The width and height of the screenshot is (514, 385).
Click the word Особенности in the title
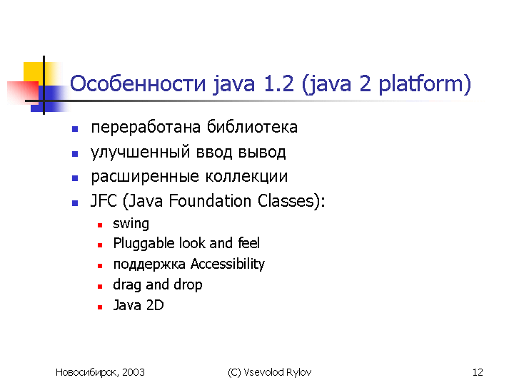pos(138,83)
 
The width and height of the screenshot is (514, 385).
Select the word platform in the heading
pos(422,85)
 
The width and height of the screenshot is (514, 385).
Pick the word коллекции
pos(246,177)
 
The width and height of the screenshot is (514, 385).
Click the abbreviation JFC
pos(104,200)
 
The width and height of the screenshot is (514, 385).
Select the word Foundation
pos(210,200)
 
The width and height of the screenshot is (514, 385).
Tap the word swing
pos(131,225)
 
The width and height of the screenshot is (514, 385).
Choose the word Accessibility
pos(228,265)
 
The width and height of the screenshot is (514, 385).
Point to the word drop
pos(188,285)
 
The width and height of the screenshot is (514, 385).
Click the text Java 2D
pos(138,305)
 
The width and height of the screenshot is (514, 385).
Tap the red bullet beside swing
pos(100,225)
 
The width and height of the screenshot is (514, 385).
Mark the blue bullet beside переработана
pos(75,129)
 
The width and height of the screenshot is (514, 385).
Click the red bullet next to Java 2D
pos(100,307)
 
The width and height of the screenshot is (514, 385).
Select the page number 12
pos(478,372)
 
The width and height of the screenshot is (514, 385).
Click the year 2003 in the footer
pos(133,372)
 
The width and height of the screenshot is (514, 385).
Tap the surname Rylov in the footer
pos(298,373)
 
